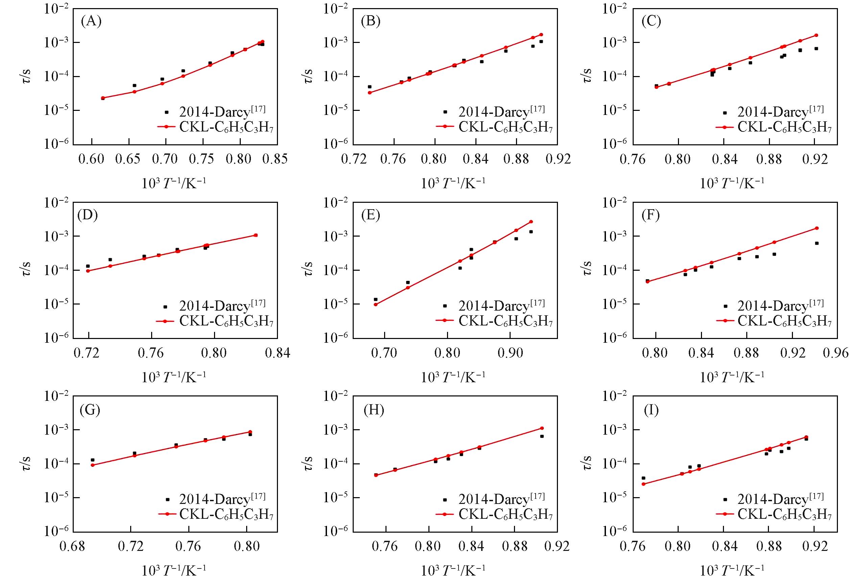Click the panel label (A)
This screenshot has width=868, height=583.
(91, 22)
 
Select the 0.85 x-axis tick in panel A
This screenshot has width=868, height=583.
(275, 159)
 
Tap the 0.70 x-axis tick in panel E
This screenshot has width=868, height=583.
(384, 353)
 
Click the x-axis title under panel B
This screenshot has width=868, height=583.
(453, 183)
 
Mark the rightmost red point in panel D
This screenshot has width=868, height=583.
(256, 235)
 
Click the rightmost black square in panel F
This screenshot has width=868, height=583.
(817, 243)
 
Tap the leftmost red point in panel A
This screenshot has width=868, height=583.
(103, 98)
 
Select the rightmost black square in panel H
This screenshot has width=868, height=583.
(542, 436)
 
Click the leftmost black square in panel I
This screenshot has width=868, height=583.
(643, 478)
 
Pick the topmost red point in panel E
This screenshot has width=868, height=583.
(531, 222)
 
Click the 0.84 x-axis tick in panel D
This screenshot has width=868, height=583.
(277, 353)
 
